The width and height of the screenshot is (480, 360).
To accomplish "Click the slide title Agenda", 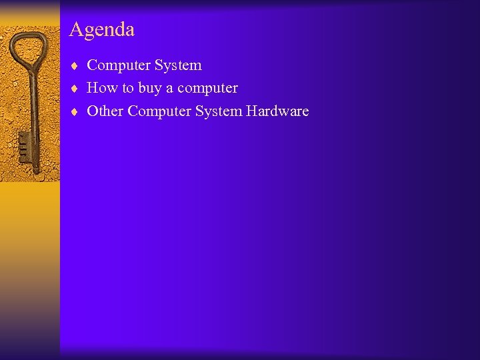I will tap(101, 30).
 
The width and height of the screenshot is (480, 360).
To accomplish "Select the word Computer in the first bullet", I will tap(119, 65).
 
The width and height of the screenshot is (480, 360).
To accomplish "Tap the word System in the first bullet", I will tap(178, 65).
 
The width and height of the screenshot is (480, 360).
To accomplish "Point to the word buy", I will tap(150, 89).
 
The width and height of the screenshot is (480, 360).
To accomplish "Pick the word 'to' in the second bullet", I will tap(127, 88).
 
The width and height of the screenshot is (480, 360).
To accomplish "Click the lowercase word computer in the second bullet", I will tap(207, 89).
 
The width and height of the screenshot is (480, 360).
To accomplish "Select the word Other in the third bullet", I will tap(105, 111).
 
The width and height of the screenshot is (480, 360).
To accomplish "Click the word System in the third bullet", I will tap(219, 111).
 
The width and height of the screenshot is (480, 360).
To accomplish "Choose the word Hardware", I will tap(277, 111).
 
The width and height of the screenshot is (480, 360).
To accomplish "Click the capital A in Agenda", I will tap(75, 30).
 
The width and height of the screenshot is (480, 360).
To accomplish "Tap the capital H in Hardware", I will tap(251, 111).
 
